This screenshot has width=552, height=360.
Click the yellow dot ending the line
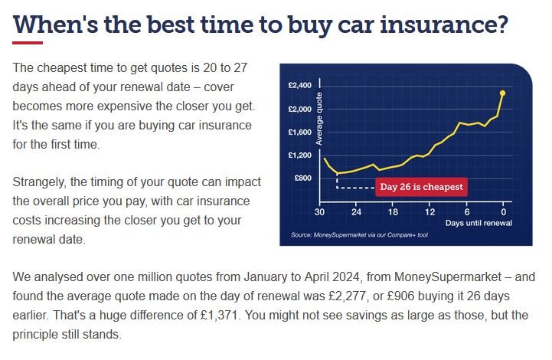502,93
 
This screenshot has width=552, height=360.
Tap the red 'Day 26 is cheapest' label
421,187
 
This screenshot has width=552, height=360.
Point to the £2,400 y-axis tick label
299,85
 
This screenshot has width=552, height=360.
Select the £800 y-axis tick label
302,178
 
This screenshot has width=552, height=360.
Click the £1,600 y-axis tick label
299,132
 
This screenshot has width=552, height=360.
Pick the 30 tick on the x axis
319,211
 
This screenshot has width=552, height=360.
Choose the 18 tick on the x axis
393,211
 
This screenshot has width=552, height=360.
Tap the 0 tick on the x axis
504,211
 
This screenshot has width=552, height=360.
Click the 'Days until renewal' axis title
479,223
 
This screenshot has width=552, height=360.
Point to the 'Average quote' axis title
319,119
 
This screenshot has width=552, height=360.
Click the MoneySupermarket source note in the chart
359,235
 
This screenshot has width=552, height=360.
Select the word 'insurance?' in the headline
444,25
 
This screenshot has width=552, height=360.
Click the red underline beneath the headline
28,43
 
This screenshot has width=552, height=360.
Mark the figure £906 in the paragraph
400,296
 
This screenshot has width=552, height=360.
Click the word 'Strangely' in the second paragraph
40,182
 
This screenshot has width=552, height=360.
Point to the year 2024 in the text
346,277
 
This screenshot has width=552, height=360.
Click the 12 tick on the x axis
430,211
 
